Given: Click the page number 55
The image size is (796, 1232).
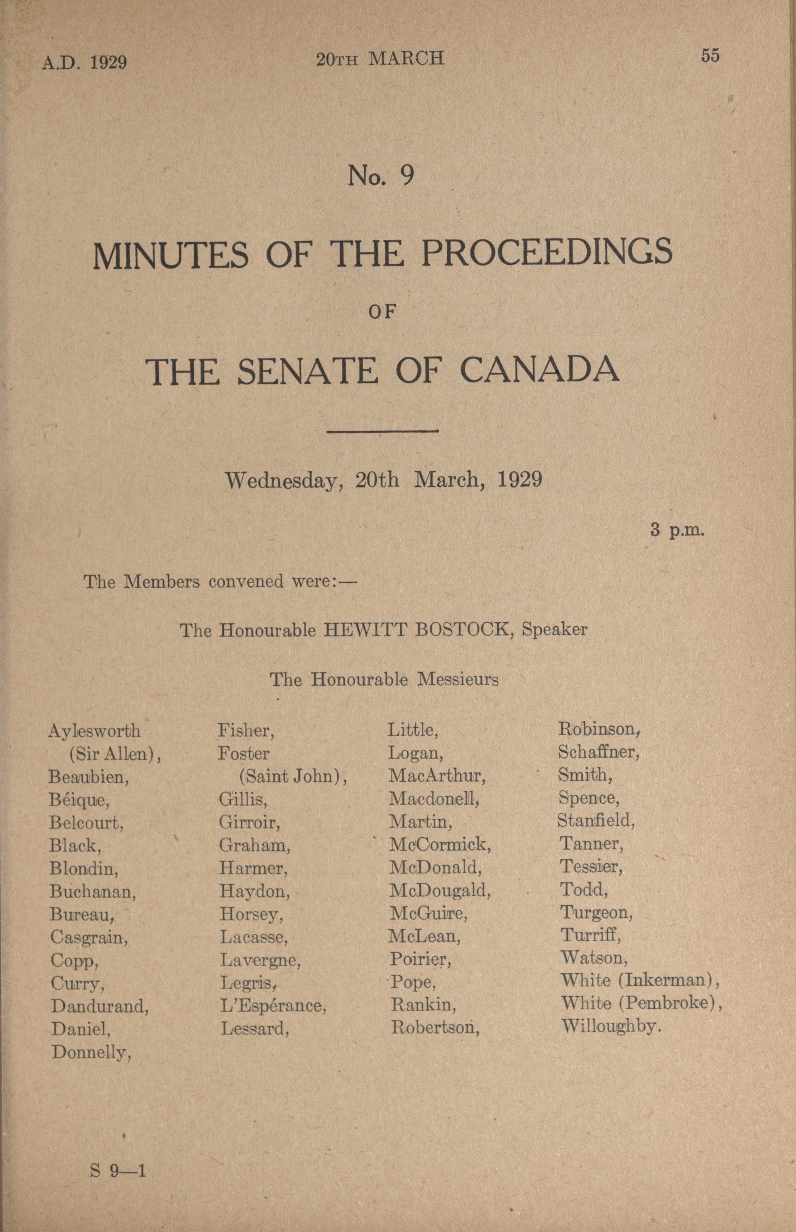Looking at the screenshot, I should [x=710, y=55].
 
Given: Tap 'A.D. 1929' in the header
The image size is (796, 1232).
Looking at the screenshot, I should [x=85, y=62].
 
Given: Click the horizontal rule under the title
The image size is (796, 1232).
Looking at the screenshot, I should [x=383, y=430].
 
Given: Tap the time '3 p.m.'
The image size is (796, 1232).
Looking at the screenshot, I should [x=677, y=530].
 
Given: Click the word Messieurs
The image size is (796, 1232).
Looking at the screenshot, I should [x=457, y=679].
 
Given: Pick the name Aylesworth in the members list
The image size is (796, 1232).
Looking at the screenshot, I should [x=94, y=731].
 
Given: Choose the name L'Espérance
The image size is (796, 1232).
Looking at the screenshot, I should [x=273, y=1006].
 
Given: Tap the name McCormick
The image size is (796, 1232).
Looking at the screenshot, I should [x=440, y=844].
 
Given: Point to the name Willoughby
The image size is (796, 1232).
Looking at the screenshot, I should [x=611, y=1026].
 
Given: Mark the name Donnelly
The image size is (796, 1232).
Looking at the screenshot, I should [x=91, y=1052].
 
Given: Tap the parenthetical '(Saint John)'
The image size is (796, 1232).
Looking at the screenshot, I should [x=292, y=777].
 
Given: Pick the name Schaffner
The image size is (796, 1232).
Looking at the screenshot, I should [x=599, y=752].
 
